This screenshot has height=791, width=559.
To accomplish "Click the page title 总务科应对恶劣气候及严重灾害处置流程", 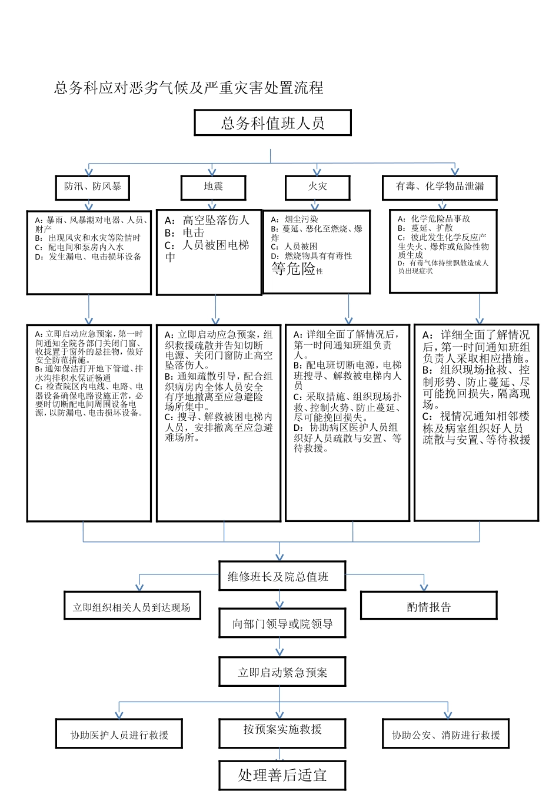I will (x=189, y=88).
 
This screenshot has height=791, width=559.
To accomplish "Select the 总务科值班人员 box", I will (x=272, y=123).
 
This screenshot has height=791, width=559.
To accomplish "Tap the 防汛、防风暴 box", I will (x=92, y=187).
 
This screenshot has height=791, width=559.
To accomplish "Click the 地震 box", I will (x=213, y=187).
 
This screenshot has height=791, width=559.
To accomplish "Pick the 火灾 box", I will (x=317, y=187).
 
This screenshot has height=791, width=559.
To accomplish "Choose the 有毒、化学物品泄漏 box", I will (x=440, y=187).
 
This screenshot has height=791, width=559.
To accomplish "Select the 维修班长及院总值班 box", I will (x=278, y=577).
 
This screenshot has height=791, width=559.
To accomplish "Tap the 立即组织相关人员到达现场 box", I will (x=132, y=607).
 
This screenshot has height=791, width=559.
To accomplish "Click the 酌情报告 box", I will (x=428, y=607).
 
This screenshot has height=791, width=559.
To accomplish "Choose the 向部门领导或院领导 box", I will (x=282, y=624).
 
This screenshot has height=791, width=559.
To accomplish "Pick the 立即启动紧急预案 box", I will (x=282, y=672).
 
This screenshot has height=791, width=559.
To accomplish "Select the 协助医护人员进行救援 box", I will (x=119, y=734).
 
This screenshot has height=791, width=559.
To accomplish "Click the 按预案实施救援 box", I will (x=282, y=730).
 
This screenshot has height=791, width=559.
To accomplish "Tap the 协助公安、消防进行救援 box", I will (x=445, y=734).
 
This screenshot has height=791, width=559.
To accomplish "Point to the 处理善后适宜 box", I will (x=282, y=775).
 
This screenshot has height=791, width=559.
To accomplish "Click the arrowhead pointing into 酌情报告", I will (x=424, y=586).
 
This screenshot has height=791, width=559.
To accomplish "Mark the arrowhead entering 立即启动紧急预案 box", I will (x=280, y=652).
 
